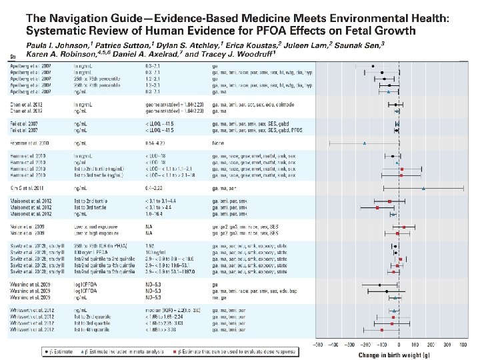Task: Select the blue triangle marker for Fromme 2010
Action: point(364,143)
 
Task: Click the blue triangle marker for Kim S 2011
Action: point(424,189)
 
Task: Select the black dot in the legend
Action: point(45,349)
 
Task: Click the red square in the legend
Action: point(173,349)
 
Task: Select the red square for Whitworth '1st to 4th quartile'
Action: point(382,330)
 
